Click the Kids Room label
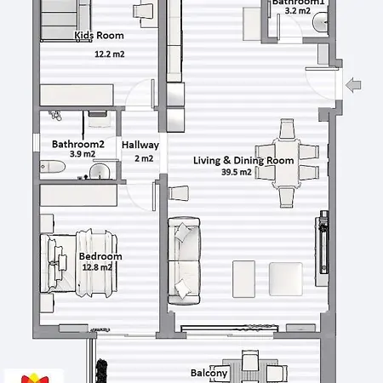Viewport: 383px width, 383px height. (100, 36)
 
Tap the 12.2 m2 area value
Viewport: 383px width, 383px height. (110, 54)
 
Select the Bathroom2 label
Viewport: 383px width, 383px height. (77, 145)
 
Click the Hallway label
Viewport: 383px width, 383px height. (140, 145)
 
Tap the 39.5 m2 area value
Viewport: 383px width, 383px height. (236, 172)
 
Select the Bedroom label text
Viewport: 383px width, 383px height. (100, 256)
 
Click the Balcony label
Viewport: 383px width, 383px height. (209, 373)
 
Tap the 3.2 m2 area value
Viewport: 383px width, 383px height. (298, 11)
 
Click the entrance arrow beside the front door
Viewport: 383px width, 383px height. (354, 83)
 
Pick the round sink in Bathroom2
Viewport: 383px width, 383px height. (100, 173)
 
